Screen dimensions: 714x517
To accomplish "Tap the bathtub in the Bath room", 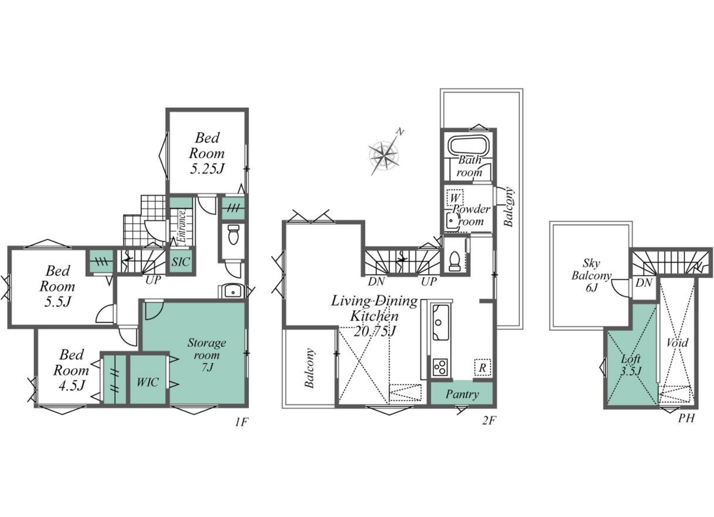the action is pyautogui.click(x=468, y=146).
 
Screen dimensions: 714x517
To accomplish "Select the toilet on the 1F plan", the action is pyautogui.click(x=234, y=234).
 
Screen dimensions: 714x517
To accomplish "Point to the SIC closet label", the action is pyautogui.click(x=181, y=262).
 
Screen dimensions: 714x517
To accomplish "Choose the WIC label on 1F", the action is pyautogui.click(x=147, y=382).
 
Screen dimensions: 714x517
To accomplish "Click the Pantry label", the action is pyautogui.click(x=462, y=394).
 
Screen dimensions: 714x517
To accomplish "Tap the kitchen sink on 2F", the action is pyautogui.click(x=440, y=322).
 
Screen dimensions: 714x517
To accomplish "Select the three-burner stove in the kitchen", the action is pyautogui.click(x=440, y=367).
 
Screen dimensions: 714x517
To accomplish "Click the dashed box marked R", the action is pyautogui.click(x=483, y=367).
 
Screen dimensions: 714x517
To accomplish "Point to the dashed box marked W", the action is pyautogui.click(x=455, y=198).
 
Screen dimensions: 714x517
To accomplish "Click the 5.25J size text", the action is pyautogui.click(x=208, y=169).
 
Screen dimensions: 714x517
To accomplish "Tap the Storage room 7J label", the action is pyautogui.click(x=207, y=355).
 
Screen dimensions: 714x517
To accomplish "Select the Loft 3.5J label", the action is pyautogui.click(x=631, y=365).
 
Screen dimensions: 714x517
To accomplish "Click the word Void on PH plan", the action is pyautogui.click(x=677, y=343).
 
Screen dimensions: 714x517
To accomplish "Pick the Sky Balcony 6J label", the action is pyautogui.click(x=591, y=276).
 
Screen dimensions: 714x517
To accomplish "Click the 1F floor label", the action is pyautogui.click(x=242, y=422).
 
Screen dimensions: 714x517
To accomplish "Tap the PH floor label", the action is pyautogui.click(x=686, y=418).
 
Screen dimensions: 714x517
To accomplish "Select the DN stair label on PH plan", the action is pyautogui.click(x=644, y=283).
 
